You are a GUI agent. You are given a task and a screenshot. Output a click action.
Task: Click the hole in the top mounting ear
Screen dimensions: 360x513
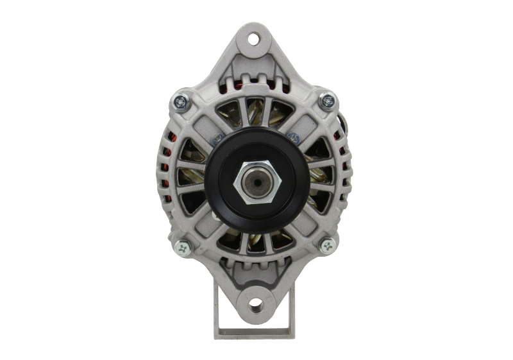click(x=255, y=39)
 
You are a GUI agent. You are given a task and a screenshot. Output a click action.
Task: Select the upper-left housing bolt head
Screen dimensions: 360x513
click(x=181, y=101)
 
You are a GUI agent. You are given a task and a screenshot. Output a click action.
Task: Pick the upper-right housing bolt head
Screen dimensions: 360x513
click(x=328, y=100)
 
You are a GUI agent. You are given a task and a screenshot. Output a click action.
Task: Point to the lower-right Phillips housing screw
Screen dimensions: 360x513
click(x=328, y=244)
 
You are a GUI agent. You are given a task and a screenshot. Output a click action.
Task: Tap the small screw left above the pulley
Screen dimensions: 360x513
click(x=217, y=137)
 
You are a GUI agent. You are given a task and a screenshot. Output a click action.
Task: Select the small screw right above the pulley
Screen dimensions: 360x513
click(x=293, y=137)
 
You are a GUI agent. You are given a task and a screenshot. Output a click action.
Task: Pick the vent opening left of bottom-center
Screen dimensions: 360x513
click(x=230, y=239)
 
